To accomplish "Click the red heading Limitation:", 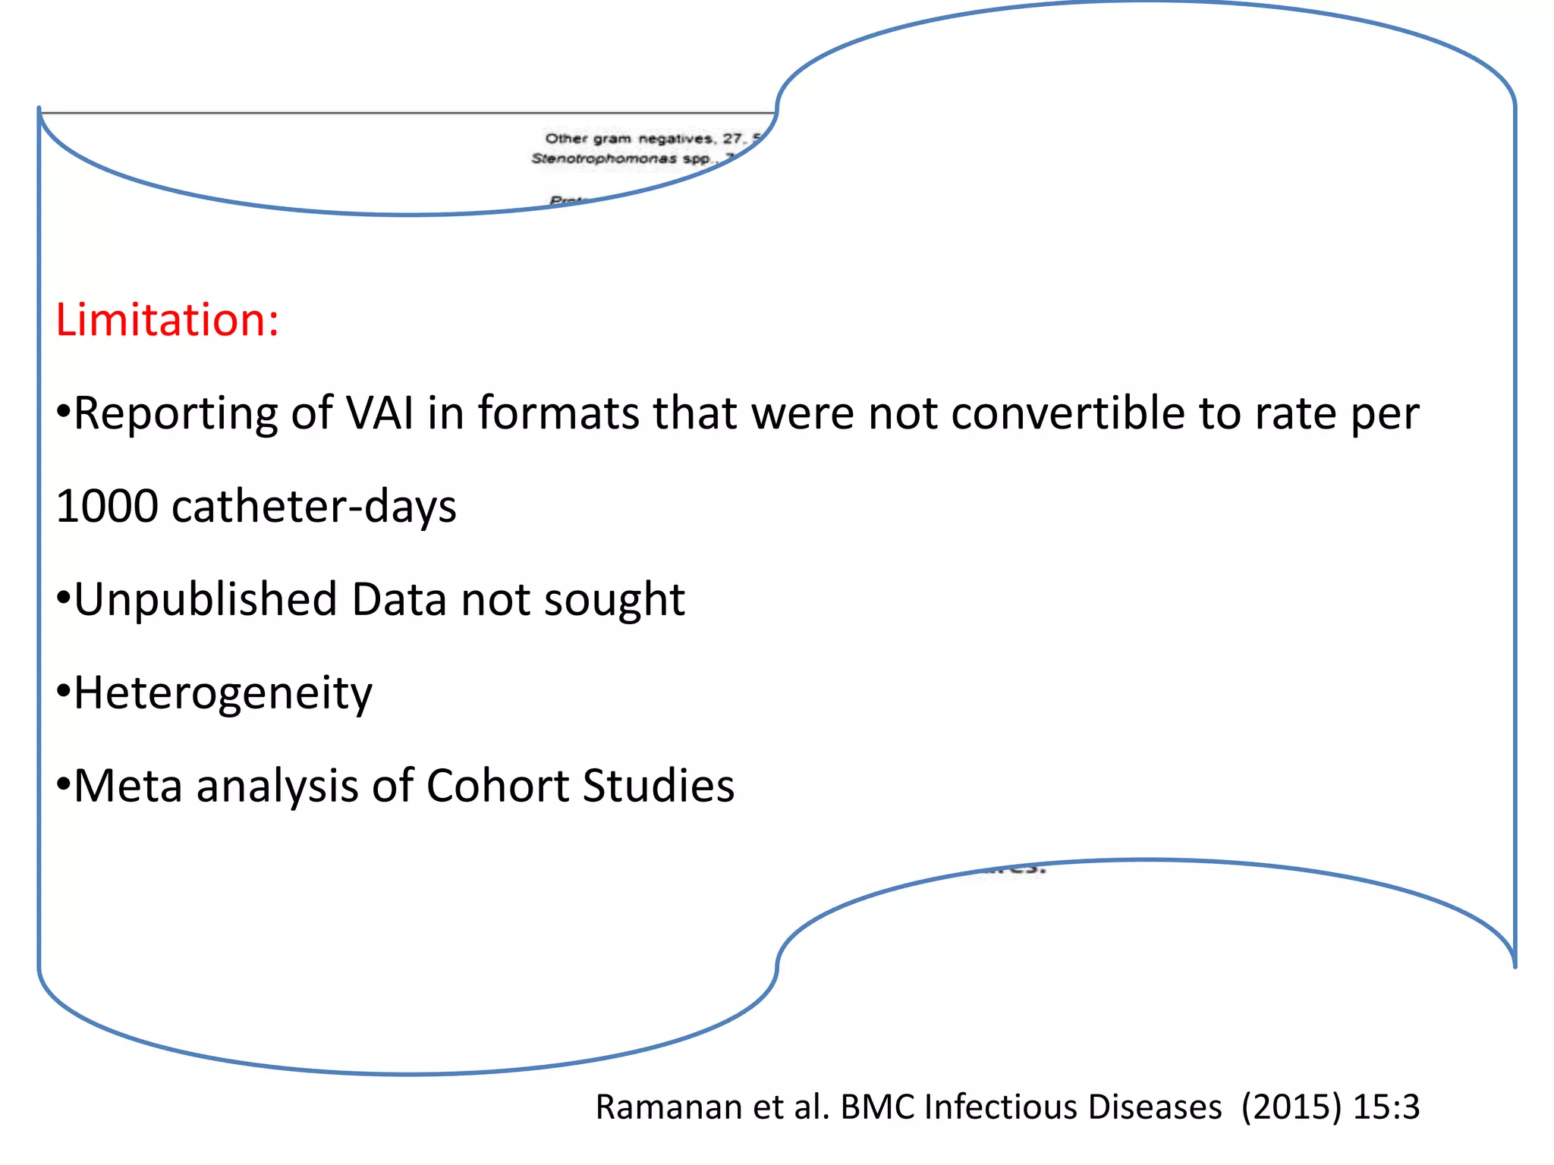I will (167, 320).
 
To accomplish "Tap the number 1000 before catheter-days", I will (106, 507).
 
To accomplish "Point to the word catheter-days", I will (314, 507).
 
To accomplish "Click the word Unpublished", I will (206, 600).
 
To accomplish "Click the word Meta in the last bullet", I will (128, 786).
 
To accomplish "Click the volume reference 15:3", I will (1386, 1107).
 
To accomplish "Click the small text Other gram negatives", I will (630, 139).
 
